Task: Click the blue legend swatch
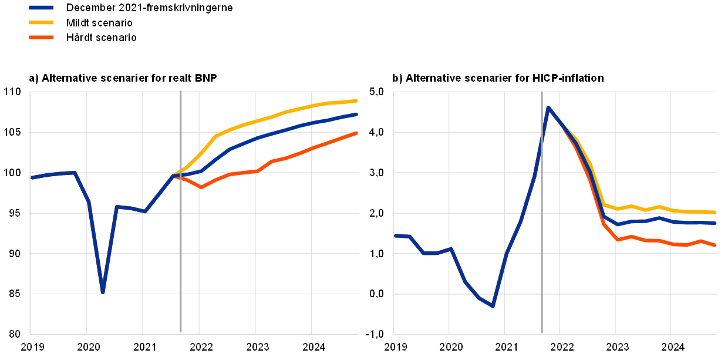pyautogui.click(x=41, y=8)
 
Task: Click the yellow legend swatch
pyautogui.click(x=41, y=22)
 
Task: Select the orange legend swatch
pyautogui.click(x=41, y=37)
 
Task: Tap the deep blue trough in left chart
pyautogui.click(x=103, y=291)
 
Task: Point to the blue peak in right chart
pyautogui.click(x=548, y=107)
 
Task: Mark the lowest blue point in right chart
pyautogui.click(x=493, y=306)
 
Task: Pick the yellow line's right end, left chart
pyautogui.click(x=356, y=100)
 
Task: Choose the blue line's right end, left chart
pyautogui.click(x=356, y=114)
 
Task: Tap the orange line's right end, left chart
pyautogui.click(x=356, y=133)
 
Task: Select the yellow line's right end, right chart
pyautogui.click(x=715, y=212)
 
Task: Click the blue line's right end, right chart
pyautogui.click(x=715, y=223)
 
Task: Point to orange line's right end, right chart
pyautogui.click(x=715, y=245)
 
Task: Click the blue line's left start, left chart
pyautogui.click(x=32, y=177)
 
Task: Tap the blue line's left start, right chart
pyautogui.click(x=395, y=235)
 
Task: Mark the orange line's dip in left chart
pyautogui.click(x=200, y=187)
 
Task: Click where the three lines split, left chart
pyautogui.click(x=174, y=175)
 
